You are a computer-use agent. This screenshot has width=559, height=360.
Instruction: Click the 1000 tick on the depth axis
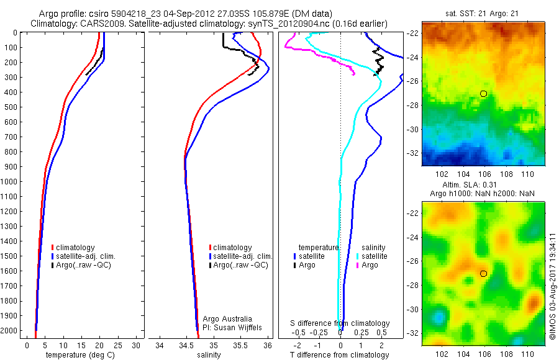click(11, 182)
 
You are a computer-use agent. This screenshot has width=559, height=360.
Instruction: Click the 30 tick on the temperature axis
click(137, 345)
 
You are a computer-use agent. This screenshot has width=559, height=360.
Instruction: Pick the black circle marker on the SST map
click(483, 94)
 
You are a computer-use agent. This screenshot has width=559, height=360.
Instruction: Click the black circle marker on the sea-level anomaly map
click(483, 274)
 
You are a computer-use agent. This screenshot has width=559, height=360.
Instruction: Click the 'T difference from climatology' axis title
click(339, 355)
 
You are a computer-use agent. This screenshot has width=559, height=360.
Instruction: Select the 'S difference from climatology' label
click(340, 323)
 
